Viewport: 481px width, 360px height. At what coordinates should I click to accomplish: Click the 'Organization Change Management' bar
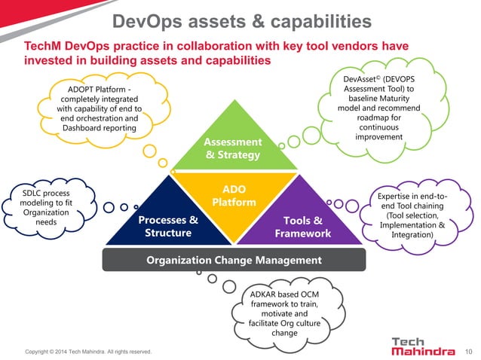pyautogui.click(x=234, y=260)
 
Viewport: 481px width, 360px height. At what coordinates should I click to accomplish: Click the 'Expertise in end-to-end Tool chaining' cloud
pyautogui.click(x=412, y=215)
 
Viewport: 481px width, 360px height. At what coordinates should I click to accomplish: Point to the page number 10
pyautogui.click(x=470, y=350)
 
